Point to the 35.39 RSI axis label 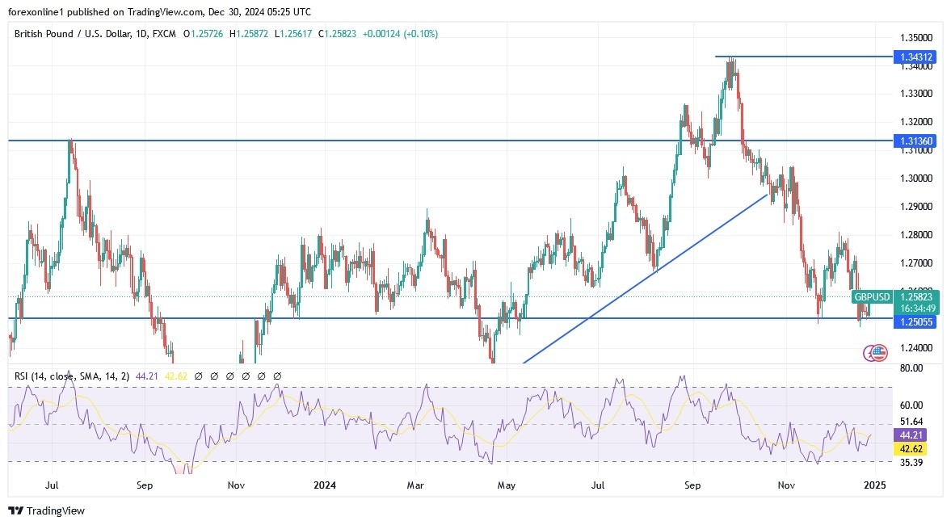(911, 463)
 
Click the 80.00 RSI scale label (911, 368)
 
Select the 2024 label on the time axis (325, 486)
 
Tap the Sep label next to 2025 (693, 486)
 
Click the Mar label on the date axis (414, 486)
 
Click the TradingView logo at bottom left (46, 510)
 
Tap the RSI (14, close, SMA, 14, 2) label (70, 376)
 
